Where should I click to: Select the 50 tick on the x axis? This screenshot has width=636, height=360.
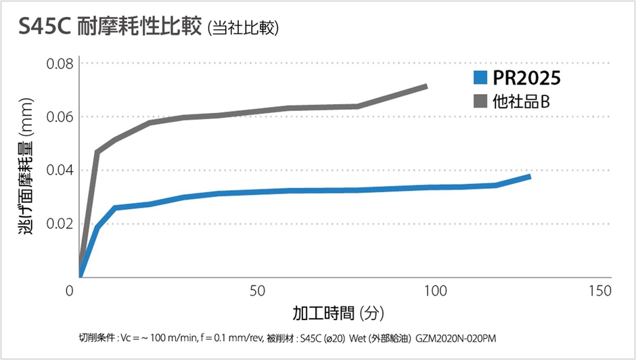[x=256, y=291]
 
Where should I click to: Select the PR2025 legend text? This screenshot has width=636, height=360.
[x=526, y=78]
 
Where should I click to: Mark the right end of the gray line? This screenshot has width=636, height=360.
[x=426, y=86]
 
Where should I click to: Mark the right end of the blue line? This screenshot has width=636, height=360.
[x=530, y=176]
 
